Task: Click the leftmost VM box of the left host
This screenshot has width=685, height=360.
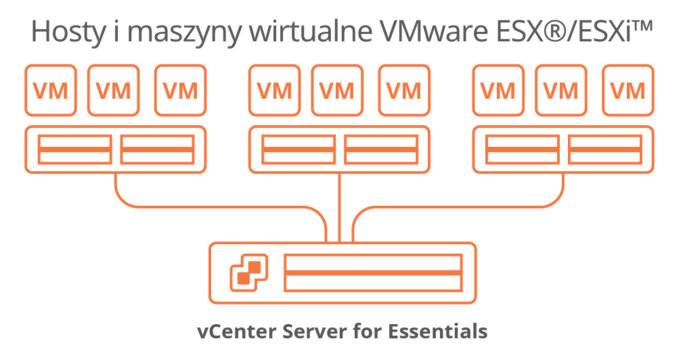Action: (x=51, y=90)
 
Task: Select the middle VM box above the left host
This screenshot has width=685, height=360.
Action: (x=113, y=90)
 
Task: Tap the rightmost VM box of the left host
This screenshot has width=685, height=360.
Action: (x=181, y=90)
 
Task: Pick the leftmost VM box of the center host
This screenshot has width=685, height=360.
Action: (x=274, y=90)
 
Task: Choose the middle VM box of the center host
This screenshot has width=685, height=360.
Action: (x=337, y=90)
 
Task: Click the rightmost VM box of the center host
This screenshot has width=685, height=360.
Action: (x=404, y=90)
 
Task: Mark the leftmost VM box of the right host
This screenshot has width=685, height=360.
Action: (x=498, y=90)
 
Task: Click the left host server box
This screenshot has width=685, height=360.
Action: (x=116, y=150)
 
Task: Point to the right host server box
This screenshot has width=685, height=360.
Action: (x=563, y=150)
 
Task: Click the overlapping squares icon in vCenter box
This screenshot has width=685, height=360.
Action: (x=249, y=272)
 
